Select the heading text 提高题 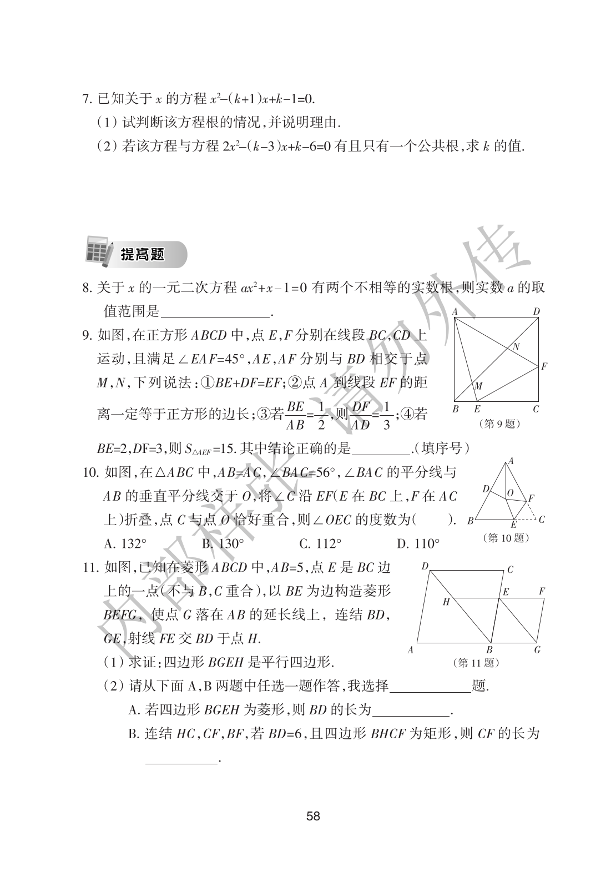143,255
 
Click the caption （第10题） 506,537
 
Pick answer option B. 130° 223,543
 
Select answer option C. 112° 320,543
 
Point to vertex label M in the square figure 478,386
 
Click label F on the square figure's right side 544,366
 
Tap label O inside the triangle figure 510,492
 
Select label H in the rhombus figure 446,602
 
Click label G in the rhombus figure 537,649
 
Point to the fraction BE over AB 296,416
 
